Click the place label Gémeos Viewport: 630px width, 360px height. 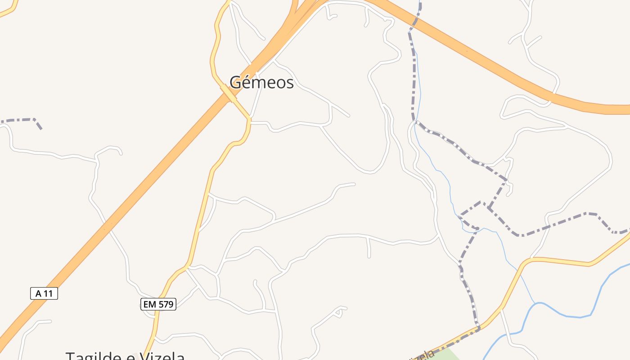click(x=261, y=82)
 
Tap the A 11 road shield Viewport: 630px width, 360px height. click(x=44, y=294)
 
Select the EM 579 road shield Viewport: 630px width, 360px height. click(x=158, y=304)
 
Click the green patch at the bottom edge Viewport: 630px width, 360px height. click(x=443, y=355)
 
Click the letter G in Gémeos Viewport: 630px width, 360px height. click(x=235, y=82)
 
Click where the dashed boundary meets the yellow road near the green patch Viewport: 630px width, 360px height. click(x=478, y=327)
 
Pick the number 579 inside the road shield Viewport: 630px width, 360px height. click(x=165, y=304)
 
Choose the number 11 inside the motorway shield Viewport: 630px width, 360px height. click(x=49, y=294)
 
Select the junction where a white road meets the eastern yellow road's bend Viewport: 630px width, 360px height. click(x=531, y=259)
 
